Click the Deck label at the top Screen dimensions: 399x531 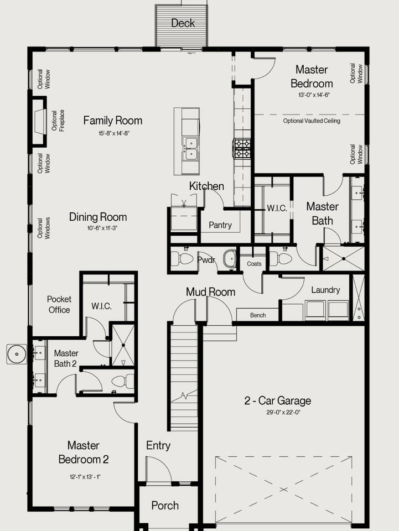point(183,23)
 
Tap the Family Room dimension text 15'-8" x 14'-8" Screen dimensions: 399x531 point(114,133)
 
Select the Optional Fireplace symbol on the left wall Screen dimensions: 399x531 point(39,122)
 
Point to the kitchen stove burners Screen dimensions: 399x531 point(241,149)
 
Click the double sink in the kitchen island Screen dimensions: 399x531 point(190,149)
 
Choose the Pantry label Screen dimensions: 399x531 point(220,225)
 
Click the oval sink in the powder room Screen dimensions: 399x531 point(230,259)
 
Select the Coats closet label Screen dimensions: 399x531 point(254,263)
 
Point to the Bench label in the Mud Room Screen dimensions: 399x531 point(258,315)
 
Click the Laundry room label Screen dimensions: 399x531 point(325,290)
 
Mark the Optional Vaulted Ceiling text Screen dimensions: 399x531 point(312,121)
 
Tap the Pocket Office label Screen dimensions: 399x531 point(59,304)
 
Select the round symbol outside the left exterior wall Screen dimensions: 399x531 point(17,354)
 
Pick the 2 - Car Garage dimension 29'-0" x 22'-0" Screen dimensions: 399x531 point(283,413)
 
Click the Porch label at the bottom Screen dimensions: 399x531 point(165,506)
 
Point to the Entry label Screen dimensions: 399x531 point(158,446)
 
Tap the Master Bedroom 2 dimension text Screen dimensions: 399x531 point(85,477)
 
